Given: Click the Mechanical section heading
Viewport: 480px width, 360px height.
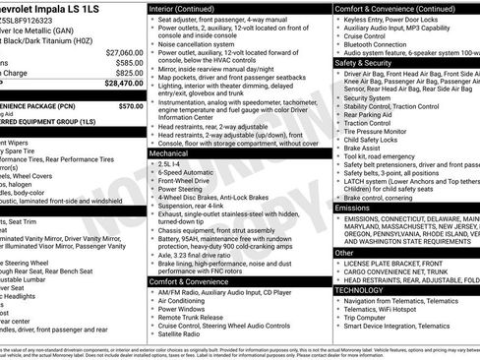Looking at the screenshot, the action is click(x=169, y=153).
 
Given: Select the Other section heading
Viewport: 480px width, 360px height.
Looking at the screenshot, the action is click(x=344, y=253).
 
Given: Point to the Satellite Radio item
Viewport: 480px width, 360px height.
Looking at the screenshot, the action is click(x=185, y=334).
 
